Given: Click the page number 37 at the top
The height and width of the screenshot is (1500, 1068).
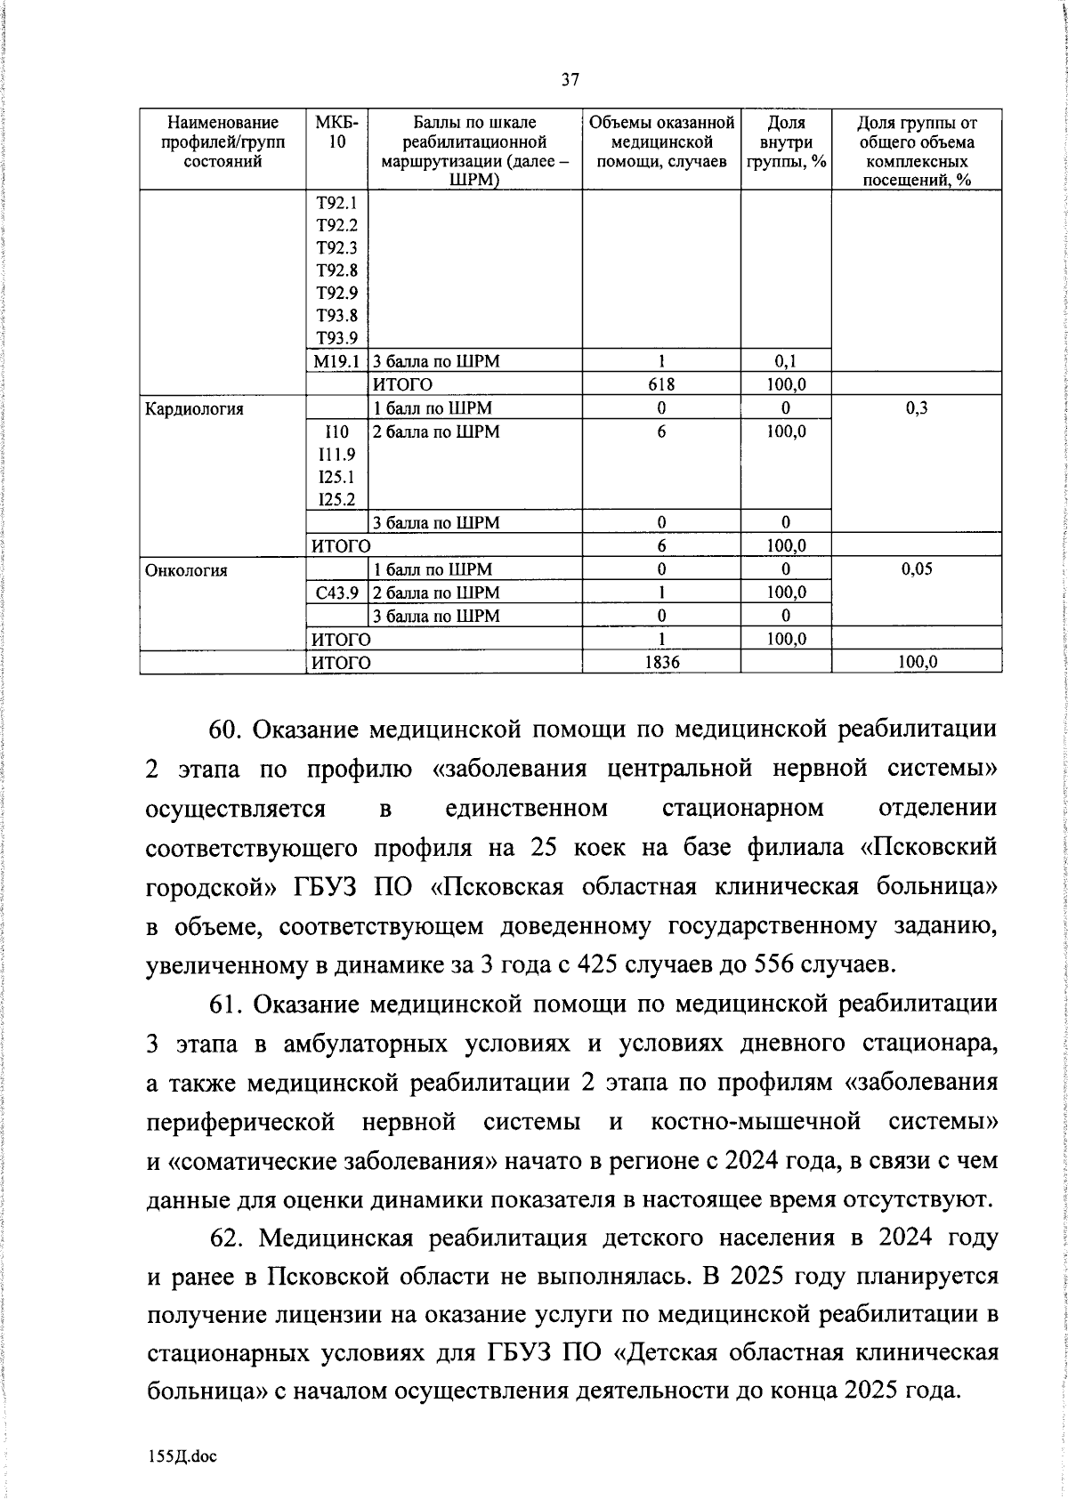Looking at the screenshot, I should (570, 80).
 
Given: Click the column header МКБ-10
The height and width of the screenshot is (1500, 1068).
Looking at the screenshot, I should (336, 132).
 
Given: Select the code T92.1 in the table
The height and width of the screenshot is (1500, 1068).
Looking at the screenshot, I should (336, 203).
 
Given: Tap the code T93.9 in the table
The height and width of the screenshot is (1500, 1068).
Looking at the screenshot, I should (336, 338).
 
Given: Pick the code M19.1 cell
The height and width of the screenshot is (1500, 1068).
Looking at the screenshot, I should (336, 361).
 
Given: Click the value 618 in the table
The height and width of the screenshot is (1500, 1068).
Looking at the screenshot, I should (661, 384).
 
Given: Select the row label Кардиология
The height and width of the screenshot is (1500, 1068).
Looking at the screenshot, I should (194, 409).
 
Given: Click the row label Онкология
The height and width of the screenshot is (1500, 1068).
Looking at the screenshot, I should (186, 570).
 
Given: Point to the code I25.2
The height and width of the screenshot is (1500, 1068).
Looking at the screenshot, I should (336, 500).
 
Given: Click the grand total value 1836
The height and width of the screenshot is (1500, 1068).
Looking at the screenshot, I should (661, 663).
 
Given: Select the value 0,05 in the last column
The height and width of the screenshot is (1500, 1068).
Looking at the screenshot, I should (917, 570).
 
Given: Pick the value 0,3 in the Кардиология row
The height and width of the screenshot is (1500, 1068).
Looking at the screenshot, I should (917, 409).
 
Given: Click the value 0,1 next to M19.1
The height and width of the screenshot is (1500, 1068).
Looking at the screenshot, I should (785, 361).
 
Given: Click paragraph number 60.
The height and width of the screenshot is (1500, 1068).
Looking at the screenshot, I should (225, 730).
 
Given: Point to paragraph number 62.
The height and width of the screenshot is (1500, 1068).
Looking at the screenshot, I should (224, 1238).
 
